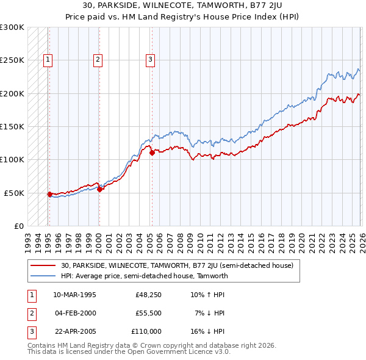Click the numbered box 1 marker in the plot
(48, 59)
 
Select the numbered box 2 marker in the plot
(98, 59)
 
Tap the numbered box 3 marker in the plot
(150, 59)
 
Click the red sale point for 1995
(49, 194)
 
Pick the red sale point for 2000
(99, 189)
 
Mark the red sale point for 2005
(152, 153)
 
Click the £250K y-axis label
(12, 60)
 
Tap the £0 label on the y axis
(17, 226)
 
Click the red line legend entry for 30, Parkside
(177, 265)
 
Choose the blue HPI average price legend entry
(144, 276)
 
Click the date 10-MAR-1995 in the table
(74, 295)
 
